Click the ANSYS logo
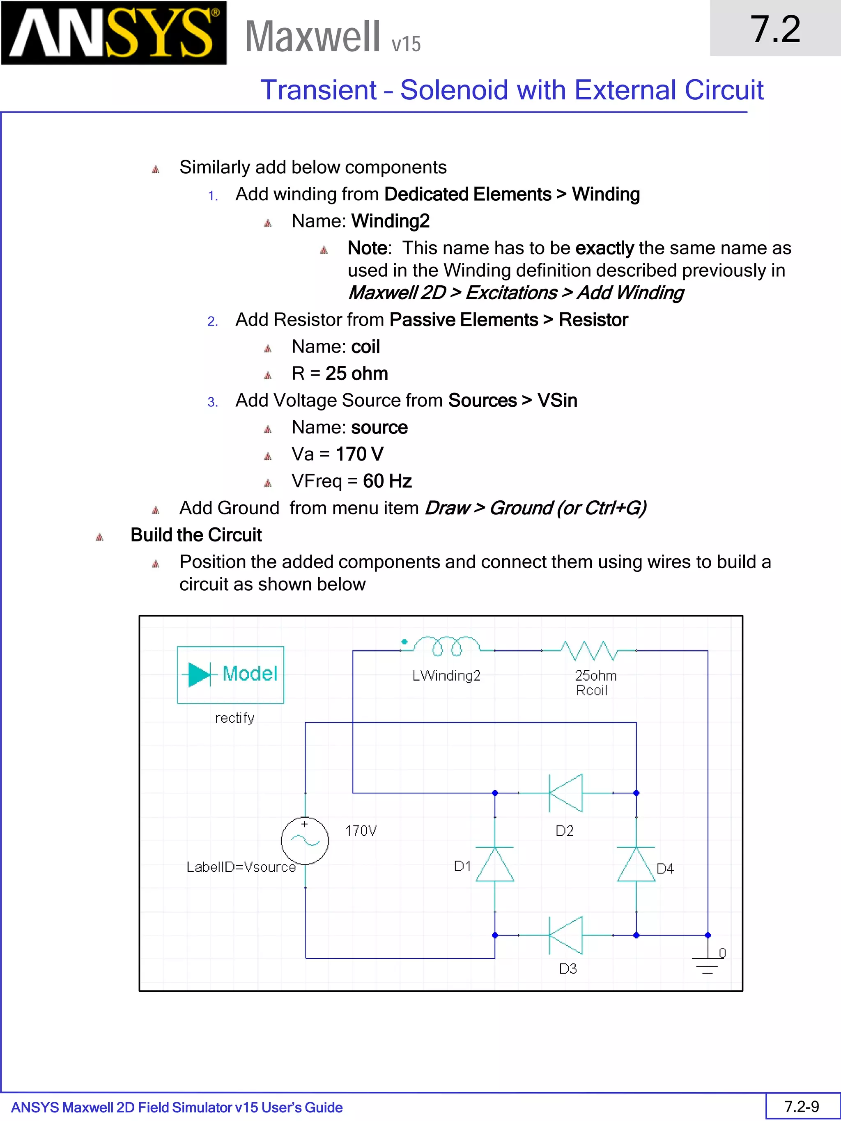tap(114, 33)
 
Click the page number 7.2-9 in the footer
tap(802, 1106)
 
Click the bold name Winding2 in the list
tap(391, 221)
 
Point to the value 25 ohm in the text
tap(356, 374)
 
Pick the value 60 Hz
tap(387, 481)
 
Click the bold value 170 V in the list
tap(359, 454)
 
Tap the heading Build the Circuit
tap(196, 535)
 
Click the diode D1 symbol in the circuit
tap(495, 864)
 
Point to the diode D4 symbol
tap(636, 864)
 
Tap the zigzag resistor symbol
tap(589, 650)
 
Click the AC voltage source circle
tap(305, 841)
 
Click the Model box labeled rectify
tap(231, 674)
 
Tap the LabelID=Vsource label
tap(241, 867)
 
